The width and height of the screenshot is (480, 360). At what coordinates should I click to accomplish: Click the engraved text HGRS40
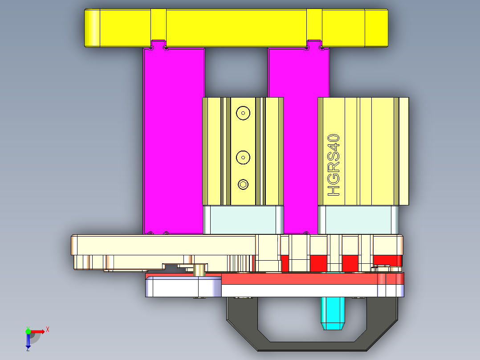pos(334,165)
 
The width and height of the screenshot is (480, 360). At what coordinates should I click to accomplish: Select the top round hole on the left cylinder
pos(243,113)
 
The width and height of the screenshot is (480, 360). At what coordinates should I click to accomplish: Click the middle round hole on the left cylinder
pos(243,156)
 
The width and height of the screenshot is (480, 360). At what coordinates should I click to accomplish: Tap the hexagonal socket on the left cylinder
pos(243,184)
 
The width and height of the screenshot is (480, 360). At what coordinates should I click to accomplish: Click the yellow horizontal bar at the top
pos(236,27)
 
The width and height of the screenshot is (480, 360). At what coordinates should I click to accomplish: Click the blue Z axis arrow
pos(28,341)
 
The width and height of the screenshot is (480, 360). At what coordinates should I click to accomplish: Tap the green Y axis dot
pos(28,331)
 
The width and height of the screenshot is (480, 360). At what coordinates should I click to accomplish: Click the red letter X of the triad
pos(48,329)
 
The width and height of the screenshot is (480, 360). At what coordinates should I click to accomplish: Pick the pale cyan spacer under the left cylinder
pos(243,220)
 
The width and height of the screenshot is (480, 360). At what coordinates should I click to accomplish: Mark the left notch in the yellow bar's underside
pos(159,45)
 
